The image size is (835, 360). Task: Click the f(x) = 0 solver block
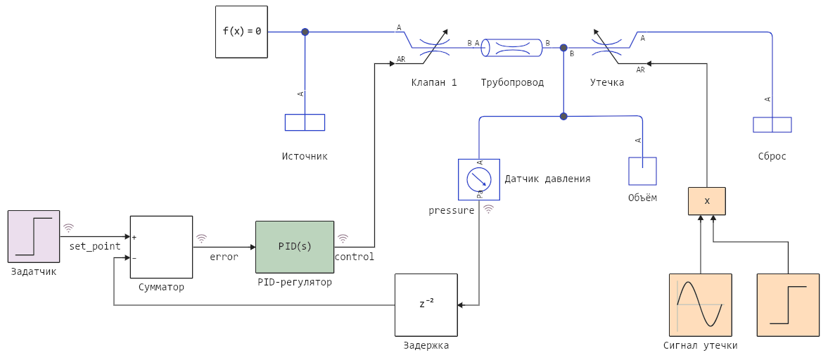point(241,32)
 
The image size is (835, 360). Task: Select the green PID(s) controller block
point(294,247)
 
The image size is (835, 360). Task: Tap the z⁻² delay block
point(426,304)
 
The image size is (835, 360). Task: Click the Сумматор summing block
point(161,247)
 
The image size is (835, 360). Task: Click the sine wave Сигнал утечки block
point(700,304)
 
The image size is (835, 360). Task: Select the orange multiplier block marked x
point(706,201)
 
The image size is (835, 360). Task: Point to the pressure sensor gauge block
point(478,179)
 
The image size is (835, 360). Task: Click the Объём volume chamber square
point(642,171)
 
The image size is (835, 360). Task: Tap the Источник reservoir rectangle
point(305,122)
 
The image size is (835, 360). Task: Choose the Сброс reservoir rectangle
point(772,124)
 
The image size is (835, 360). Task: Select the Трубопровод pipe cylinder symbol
point(512,48)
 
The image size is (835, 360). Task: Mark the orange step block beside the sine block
point(788,304)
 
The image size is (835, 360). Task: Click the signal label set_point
point(95,247)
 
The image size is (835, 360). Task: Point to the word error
point(224,257)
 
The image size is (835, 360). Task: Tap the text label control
point(355,257)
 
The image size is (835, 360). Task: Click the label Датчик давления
point(547,179)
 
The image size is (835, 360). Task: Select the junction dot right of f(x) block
point(305,32)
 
